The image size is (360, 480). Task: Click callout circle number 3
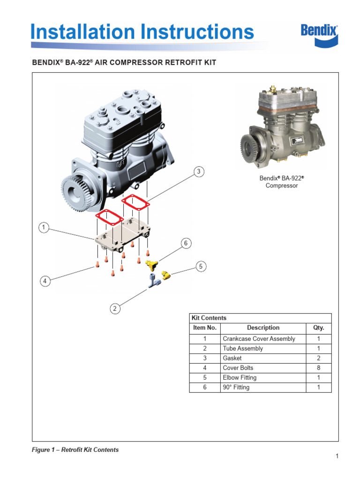click(x=199, y=172)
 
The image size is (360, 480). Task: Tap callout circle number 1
click(x=43, y=228)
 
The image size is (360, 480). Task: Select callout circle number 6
click(x=186, y=243)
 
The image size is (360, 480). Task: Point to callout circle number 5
click(x=201, y=266)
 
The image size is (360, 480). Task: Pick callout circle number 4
click(x=45, y=281)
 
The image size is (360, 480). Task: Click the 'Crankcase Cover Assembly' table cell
click(x=259, y=339)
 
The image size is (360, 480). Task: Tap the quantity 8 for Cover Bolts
click(x=318, y=368)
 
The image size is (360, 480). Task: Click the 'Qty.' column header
click(x=318, y=328)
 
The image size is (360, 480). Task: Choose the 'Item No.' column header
click(x=205, y=328)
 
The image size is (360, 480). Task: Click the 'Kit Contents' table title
click(x=209, y=318)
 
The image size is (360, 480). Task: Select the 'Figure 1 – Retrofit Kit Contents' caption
click(x=75, y=450)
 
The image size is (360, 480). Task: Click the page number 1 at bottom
click(x=337, y=456)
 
